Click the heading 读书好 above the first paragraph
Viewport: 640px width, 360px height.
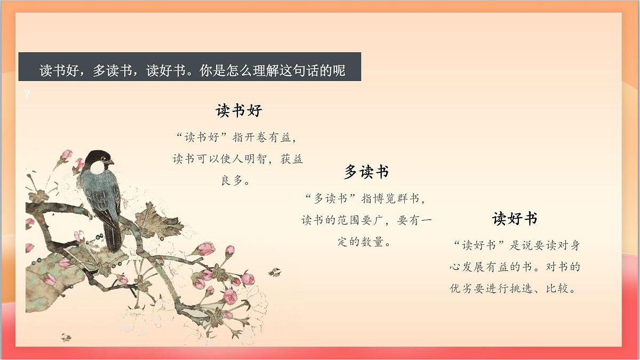click(x=239, y=111)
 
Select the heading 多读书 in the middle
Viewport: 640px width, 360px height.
click(x=366, y=172)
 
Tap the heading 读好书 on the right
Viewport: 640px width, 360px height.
click(x=514, y=219)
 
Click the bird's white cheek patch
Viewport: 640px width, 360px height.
click(x=97, y=167)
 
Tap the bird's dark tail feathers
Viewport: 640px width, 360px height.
click(x=114, y=235)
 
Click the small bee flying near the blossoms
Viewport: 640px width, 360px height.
click(x=275, y=272)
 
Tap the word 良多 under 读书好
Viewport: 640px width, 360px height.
click(x=232, y=180)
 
